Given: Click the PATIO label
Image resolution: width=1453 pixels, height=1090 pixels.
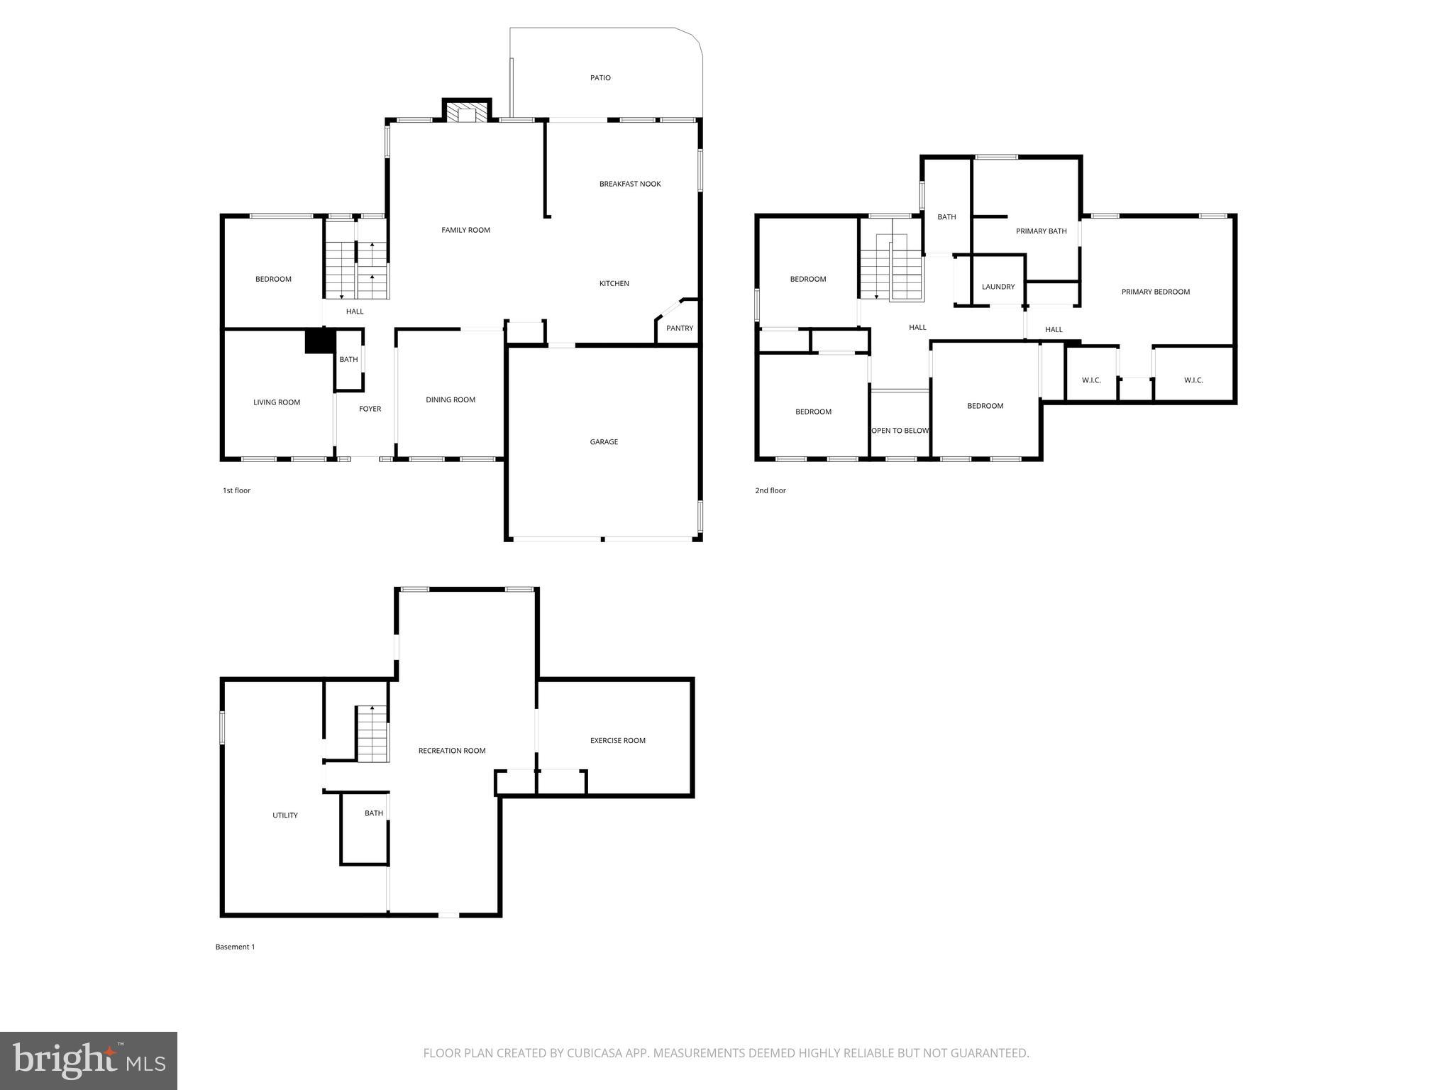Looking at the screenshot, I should [600, 78].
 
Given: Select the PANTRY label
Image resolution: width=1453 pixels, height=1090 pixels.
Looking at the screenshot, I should [679, 328].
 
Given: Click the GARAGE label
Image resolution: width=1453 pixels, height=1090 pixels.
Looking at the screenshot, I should [604, 441].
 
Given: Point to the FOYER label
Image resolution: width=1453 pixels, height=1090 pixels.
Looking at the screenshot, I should [370, 409].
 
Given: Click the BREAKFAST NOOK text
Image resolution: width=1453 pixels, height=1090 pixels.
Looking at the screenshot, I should [630, 184].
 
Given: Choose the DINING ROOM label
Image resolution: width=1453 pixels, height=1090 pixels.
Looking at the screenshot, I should [451, 400].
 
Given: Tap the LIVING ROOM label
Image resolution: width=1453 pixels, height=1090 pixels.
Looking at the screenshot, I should [277, 402].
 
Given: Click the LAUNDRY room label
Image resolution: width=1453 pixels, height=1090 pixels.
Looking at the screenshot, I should [998, 287].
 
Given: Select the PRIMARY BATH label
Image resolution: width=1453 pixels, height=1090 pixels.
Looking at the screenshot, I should [1041, 231].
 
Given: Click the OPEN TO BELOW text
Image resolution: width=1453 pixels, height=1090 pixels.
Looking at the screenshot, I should [900, 431].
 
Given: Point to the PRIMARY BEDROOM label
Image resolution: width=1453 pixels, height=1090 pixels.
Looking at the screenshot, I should [1155, 292].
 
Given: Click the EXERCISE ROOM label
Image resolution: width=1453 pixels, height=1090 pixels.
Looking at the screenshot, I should [617, 740].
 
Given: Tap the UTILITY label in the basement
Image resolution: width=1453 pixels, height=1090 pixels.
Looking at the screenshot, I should [285, 815].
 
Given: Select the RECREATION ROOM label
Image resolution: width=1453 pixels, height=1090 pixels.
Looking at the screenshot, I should [452, 751].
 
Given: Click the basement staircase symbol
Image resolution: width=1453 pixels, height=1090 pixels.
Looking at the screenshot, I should [372, 734].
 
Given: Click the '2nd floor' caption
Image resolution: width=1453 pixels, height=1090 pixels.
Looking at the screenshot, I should [770, 490].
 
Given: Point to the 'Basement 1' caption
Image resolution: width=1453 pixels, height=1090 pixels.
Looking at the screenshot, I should [235, 947].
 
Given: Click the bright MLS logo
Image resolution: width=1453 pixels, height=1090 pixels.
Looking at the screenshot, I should [89, 1061].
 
